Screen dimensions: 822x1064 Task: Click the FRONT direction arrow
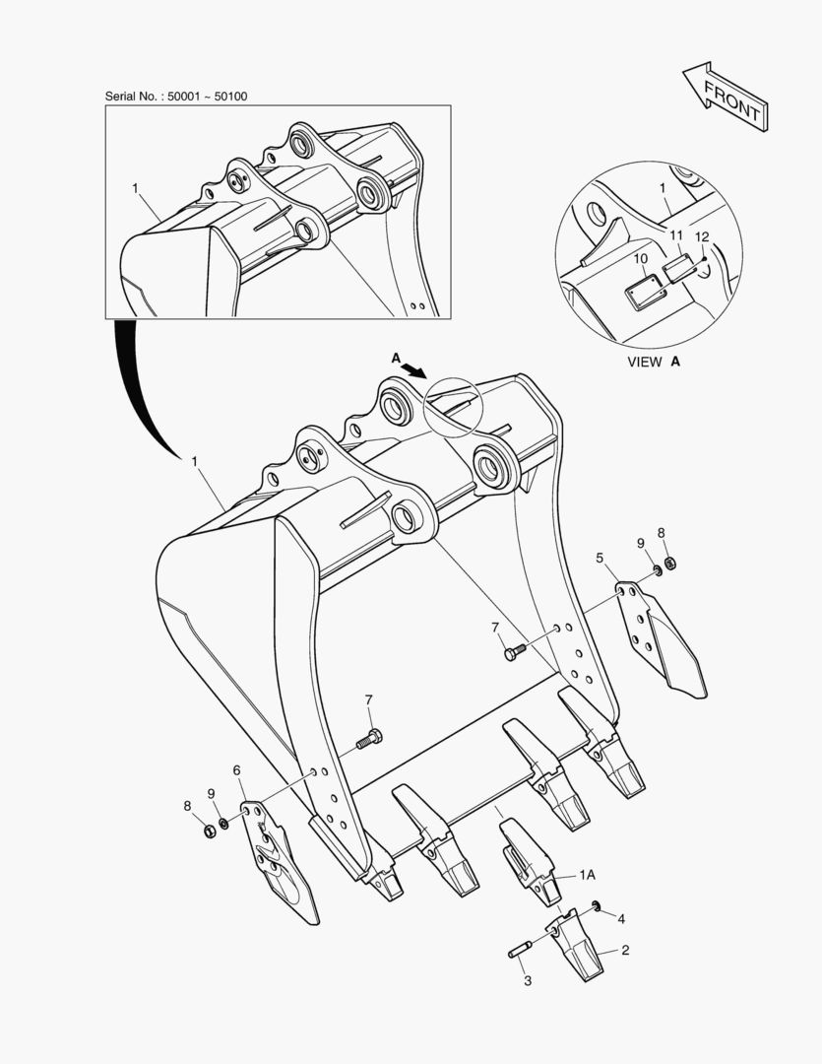click(x=725, y=97)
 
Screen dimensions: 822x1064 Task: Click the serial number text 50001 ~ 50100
click(x=208, y=97)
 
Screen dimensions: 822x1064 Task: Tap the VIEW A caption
click(x=653, y=362)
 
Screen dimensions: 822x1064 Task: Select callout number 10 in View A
click(x=640, y=258)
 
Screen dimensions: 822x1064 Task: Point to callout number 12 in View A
click(x=702, y=236)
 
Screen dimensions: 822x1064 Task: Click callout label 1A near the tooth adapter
click(x=587, y=875)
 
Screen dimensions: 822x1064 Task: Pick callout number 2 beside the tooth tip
click(x=625, y=950)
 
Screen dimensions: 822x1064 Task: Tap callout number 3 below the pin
click(x=527, y=980)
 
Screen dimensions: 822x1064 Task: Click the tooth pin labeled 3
click(x=519, y=949)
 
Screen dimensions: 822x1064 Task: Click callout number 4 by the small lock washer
click(x=620, y=919)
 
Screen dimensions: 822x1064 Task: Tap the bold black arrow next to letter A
click(x=412, y=369)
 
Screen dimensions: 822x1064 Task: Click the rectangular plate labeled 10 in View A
click(x=644, y=291)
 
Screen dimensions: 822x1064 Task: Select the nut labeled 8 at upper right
click(x=670, y=563)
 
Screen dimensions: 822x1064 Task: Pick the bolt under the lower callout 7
click(x=369, y=739)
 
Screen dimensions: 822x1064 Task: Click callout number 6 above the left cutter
click(x=236, y=770)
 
